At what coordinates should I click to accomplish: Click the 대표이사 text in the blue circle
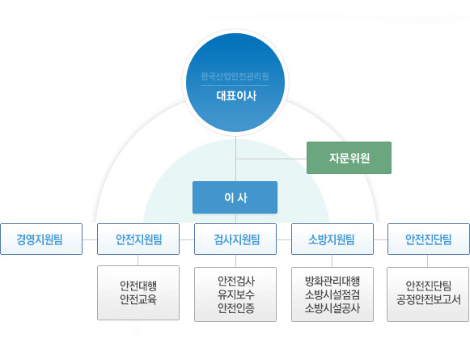(x=236, y=96)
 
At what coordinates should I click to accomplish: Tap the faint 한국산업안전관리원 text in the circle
(x=235, y=76)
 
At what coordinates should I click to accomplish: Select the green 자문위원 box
(x=349, y=158)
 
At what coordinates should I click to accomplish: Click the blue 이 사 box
(x=235, y=197)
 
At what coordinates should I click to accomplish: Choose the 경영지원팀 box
(x=41, y=239)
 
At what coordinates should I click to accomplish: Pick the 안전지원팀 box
(x=138, y=239)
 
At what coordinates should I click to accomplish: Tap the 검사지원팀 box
(x=235, y=239)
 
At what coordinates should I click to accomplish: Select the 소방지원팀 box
(x=332, y=239)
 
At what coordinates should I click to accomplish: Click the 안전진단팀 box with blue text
(x=429, y=239)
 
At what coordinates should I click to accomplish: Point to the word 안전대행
(x=138, y=286)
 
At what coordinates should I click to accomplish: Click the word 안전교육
(x=138, y=299)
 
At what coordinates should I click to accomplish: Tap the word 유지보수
(x=236, y=294)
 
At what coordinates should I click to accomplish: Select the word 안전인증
(x=236, y=308)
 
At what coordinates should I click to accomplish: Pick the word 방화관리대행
(x=332, y=282)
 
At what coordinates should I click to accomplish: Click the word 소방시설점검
(x=332, y=294)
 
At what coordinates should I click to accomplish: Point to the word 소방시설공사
(x=332, y=308)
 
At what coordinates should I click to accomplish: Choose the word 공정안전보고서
(x=428, y=299)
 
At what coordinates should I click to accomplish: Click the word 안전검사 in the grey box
(x=236, y=282)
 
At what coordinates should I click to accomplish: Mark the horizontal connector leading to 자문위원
(x=271, y=159)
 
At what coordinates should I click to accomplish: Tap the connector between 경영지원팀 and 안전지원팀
(x=90, y=239)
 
